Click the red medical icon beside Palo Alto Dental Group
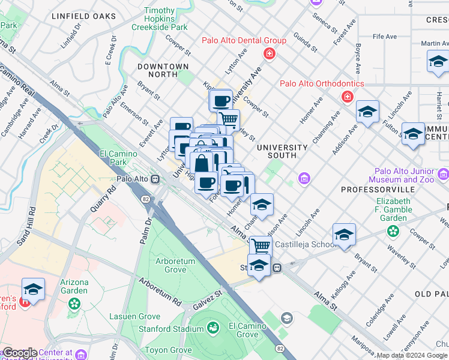coord(269,54)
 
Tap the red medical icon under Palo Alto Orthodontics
coord(346,97)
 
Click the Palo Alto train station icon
coord(155,179)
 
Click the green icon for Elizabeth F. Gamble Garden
coord(393,230)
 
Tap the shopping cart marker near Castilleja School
coord(260,245)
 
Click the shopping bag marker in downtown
coord(201,162)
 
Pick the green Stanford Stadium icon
coord(212,328)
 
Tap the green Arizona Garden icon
coord(74,304)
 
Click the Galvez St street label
coord(207,298)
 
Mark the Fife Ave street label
coord(384,37)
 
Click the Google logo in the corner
coord(20,353)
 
